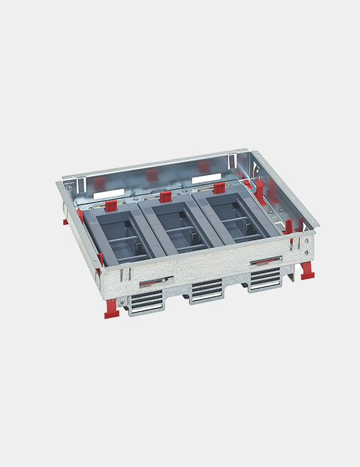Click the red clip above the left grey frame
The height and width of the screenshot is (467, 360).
tap(110, 205)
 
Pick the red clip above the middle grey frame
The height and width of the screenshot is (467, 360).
tap(165, 197)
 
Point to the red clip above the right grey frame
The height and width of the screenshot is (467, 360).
tap(218, 188)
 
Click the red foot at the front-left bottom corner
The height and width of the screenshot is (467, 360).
tap(111, 308)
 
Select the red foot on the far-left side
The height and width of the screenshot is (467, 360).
tap(65, 220)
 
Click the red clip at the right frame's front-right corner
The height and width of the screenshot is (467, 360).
tap(289, 226)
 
